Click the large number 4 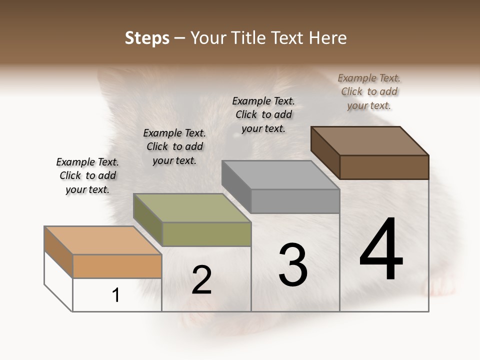tap(381, 249)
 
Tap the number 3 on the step tap(293, 265)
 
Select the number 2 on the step tap(201, 280)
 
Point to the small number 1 tap(116, 295)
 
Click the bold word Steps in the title tap(147, 38)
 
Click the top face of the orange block tap(102, 240)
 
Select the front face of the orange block tap(117, 266)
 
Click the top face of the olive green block tap(191, 208)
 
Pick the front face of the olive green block tap(206, 234)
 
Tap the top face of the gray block tap(280, 175)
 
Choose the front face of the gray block tap(295, 201)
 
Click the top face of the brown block tap(369, 140)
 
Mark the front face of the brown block tap(384, 167)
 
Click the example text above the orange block tap(87, 175)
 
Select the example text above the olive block tap(174, 146)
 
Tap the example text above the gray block tap(263, 114)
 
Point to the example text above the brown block tap(369, 91)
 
